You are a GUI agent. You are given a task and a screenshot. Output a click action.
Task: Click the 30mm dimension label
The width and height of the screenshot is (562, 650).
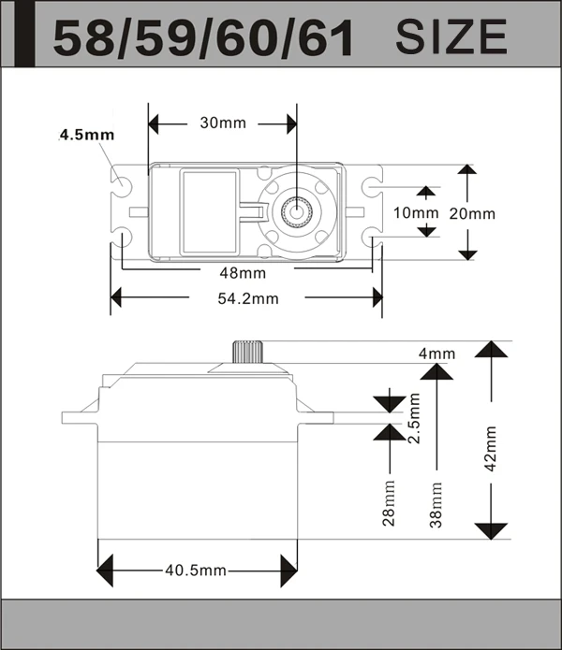coord(221,123)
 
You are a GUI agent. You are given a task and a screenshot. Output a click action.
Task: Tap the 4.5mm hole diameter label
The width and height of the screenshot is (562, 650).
coord(86,135)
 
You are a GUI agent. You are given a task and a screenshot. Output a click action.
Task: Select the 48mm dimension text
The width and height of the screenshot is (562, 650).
coord(242,273)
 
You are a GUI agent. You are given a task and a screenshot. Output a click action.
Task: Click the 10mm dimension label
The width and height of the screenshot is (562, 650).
coord(415,212)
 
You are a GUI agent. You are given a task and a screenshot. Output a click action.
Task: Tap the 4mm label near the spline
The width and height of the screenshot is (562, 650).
coord(436,354)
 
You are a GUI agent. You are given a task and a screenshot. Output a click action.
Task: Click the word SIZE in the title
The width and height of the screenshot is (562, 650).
coord(451,36)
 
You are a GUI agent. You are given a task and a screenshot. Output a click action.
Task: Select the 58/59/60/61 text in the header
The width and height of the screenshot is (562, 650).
coord(203,38)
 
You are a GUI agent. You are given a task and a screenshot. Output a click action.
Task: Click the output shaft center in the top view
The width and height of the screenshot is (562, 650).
coord(297,210)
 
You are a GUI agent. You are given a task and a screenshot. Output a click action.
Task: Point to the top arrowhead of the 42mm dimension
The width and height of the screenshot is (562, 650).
coord(489,349)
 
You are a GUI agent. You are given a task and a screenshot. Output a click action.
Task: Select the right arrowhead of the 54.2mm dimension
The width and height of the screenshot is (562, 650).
coord(377,298)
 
